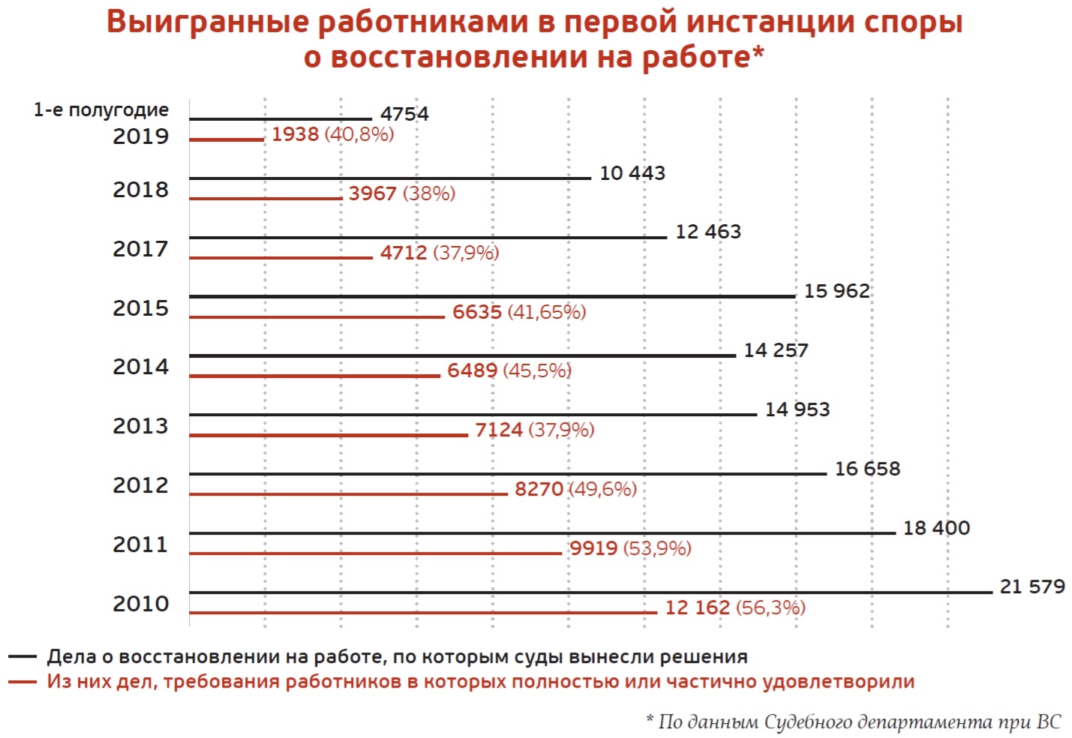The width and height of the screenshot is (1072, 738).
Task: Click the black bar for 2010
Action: tap(590, 592)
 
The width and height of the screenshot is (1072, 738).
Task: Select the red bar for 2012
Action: tap(348, 493)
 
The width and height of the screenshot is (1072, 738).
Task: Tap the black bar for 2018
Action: tap(390, 178)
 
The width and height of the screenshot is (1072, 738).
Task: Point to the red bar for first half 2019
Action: tap(227, 139)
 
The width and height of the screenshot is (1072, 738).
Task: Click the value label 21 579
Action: tap(1032, 586)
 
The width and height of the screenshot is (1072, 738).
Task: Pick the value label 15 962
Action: tap(836, 291)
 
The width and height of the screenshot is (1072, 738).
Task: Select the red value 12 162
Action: tap(697, 607)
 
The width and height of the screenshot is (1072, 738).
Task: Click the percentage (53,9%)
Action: tap(657, 548)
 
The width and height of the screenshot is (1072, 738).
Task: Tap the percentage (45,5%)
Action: tap(537, 370)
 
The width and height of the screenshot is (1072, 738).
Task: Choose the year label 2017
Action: tap(141, 248)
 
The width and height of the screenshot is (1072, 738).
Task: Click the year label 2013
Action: tap(141, 426)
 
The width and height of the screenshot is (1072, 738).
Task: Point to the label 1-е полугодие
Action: tap(101, 110)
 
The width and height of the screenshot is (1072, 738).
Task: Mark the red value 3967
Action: tap(372, 193)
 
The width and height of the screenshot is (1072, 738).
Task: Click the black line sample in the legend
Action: tap(23, 657)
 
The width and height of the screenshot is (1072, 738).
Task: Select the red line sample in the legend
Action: tap(23, 682)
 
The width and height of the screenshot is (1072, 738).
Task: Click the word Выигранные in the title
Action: tap(208, 22)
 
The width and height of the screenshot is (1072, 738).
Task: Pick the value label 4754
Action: tap(404, 114)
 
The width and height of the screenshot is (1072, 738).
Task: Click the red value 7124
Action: tap(498, 430)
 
